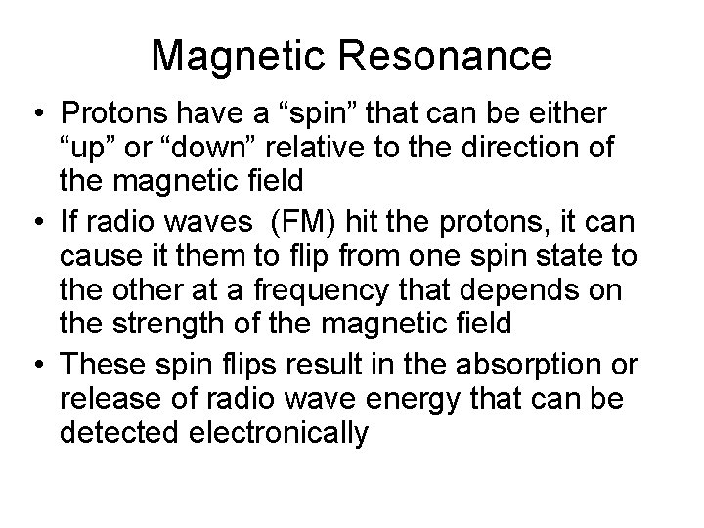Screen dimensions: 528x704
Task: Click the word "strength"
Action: click(189, 324)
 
